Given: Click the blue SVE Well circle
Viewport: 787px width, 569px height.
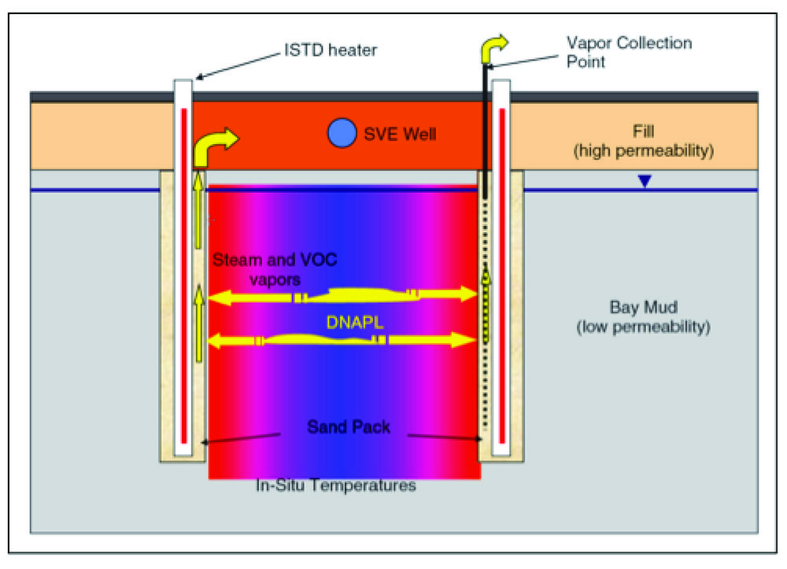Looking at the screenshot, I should coord(342,132).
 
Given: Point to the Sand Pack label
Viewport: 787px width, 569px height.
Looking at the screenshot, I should coord(348,428).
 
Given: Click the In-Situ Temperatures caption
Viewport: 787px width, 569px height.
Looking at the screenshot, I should coord(335,486).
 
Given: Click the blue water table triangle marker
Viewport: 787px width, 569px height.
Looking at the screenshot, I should coord(645,182).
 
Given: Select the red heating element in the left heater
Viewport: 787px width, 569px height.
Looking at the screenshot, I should coord(183,275).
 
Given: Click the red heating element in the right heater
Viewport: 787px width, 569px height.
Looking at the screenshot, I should coord(502,275).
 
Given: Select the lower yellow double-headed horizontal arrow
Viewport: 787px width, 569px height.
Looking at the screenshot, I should coord(342,340).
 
